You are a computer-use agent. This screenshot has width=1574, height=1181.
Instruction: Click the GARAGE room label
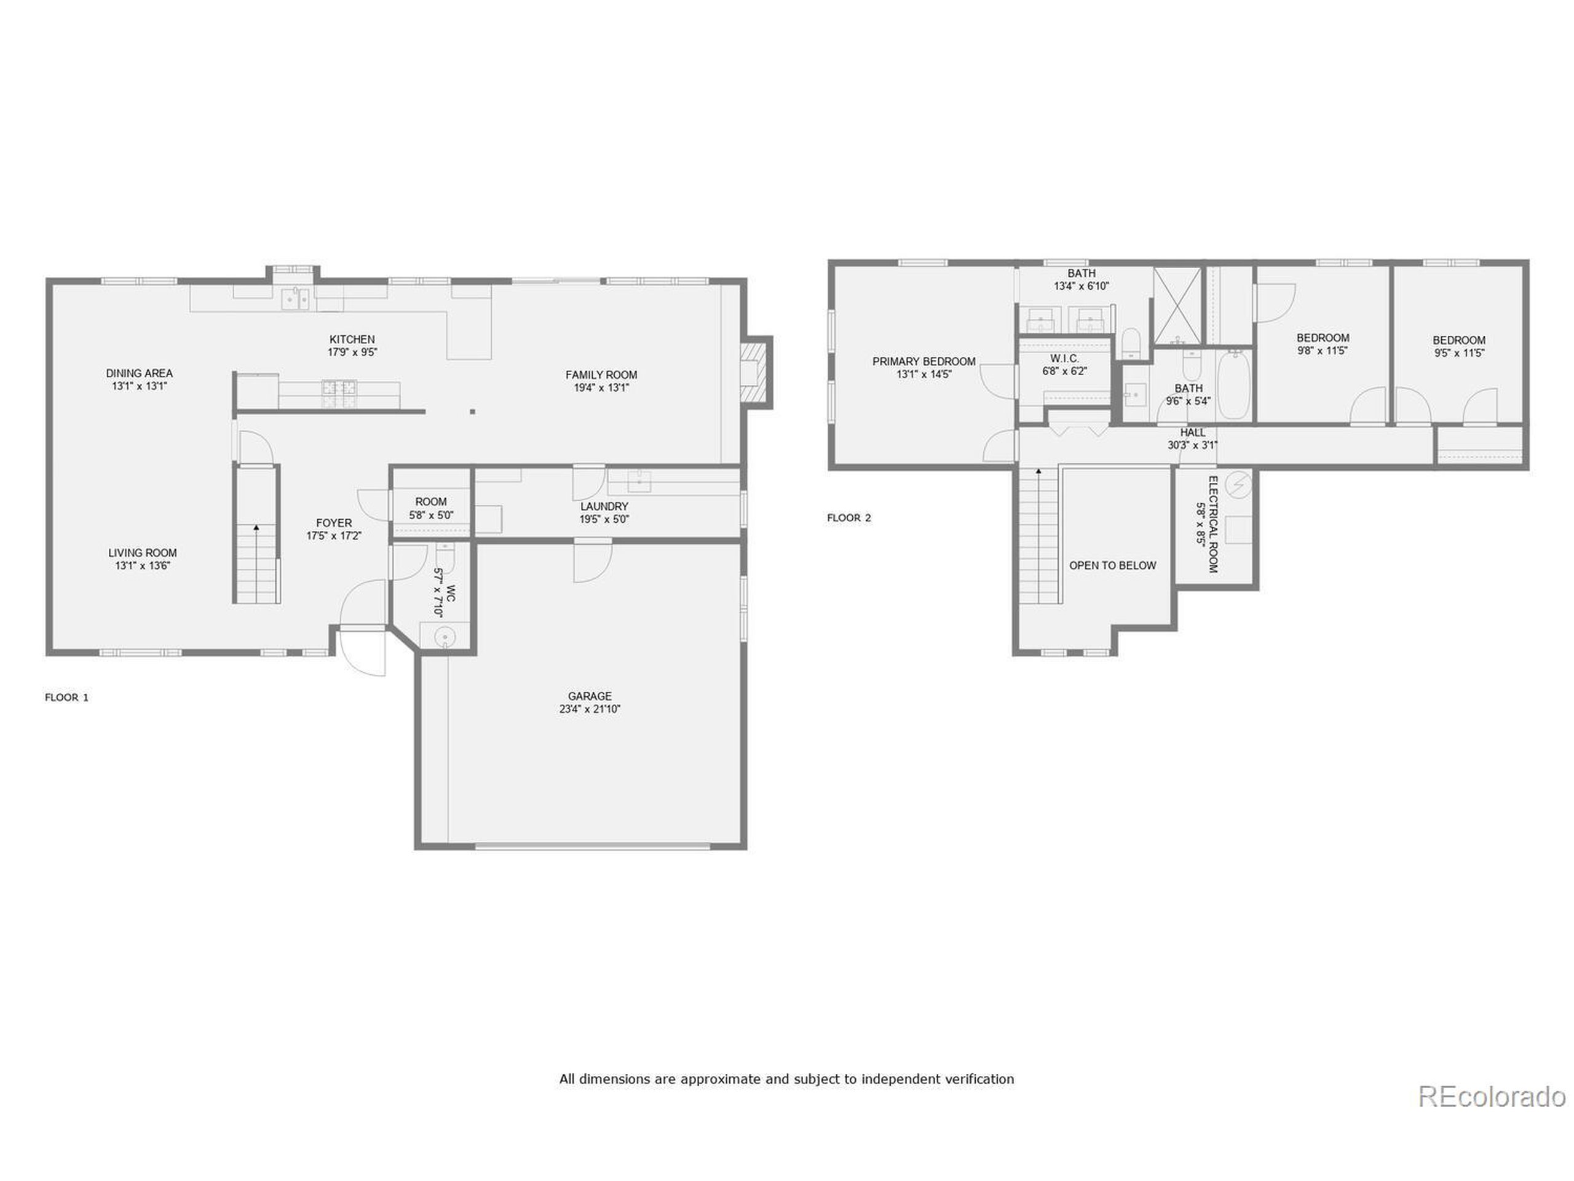[589, 696]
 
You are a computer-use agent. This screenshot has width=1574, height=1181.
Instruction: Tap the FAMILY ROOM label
[601, 375]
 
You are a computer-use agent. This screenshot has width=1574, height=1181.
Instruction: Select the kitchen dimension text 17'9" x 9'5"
[352, 352]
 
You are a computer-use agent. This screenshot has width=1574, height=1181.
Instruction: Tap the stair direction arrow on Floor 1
[256, 528]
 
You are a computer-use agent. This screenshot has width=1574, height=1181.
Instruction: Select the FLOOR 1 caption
[67, 698]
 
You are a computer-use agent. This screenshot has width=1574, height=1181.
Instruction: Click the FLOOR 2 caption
[849, 517]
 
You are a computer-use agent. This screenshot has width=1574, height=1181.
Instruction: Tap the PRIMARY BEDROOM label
[923, 362]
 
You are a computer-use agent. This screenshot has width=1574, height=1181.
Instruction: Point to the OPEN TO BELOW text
[1112, 565]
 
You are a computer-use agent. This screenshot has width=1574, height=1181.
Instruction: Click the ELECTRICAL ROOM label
[1213, 524]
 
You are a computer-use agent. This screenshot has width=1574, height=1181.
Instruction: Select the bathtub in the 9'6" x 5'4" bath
[1234, 384]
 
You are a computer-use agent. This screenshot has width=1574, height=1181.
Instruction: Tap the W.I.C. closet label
[1064, 358]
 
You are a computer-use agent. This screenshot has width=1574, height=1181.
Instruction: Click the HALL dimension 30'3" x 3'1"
[1193, 445]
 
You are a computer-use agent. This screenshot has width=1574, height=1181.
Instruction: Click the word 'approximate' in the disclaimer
[720, 1080]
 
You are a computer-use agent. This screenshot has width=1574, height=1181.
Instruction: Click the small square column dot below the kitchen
[472, 412]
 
